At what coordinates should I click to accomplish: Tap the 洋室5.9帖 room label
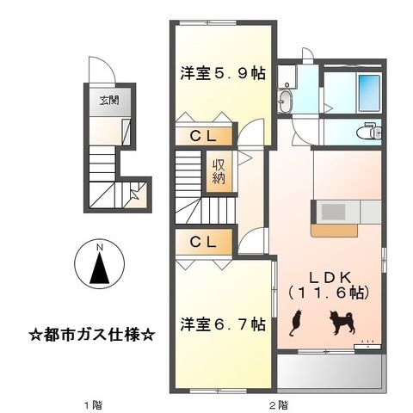tap(222, 74)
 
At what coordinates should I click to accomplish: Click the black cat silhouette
tap(295, 323)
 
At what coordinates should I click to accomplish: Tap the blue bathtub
tap(367, 89)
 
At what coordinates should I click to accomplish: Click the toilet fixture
tap(371, 131)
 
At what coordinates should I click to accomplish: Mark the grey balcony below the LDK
tap(330, 372)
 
